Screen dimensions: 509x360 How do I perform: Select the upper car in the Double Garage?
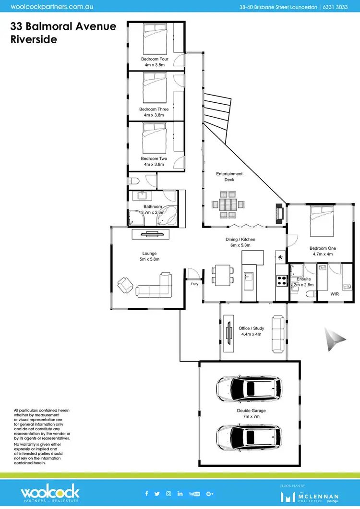coord(249,388)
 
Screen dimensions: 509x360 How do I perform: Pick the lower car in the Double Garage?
coord(249,436)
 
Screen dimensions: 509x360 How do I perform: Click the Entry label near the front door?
coord(194,284)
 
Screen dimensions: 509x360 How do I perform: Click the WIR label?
coord(335,293)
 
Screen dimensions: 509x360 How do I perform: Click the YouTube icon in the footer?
coord(194,494)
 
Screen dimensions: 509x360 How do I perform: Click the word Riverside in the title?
coord(34,39)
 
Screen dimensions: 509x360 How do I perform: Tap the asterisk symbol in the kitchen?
coord(280,257)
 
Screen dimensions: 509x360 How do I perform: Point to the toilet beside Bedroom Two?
coord(133,182)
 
